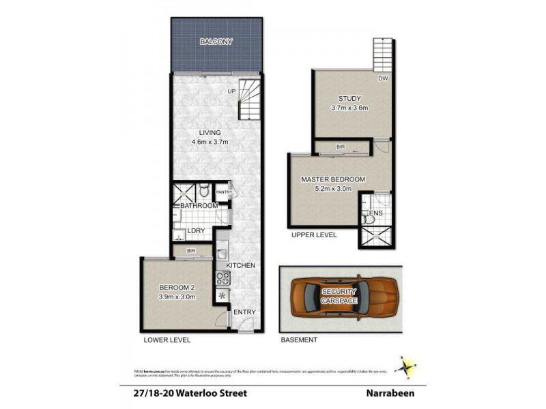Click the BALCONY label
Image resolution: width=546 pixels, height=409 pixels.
coord(216,42)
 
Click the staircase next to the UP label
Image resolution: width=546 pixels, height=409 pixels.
coord(249,100)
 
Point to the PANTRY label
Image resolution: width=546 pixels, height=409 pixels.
coord(224,192)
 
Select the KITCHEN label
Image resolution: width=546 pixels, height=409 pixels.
coord(240,265)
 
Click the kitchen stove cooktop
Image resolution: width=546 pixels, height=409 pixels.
coord(222,278)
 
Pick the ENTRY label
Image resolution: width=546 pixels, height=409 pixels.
coord(244,312)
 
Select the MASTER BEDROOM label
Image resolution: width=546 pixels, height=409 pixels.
coord(333,179)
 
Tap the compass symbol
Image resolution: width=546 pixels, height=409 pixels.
coord(407,367)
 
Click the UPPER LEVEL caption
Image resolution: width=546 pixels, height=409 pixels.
coord(313,234)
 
